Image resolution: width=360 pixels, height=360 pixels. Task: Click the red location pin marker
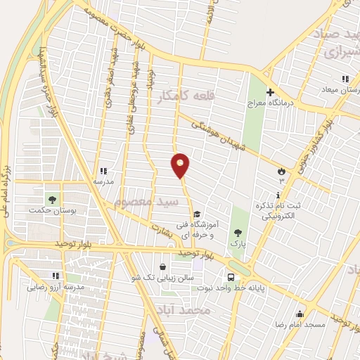point(181,165)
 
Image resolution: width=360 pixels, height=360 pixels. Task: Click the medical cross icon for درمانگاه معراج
point(270,92)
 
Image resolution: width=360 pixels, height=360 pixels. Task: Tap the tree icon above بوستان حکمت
point(50,198)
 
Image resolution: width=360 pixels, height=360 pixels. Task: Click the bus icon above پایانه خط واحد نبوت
point(231,277)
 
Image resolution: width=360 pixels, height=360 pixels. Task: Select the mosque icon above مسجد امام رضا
point(300,314)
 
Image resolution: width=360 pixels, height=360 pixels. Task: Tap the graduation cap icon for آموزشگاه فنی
point(197,214)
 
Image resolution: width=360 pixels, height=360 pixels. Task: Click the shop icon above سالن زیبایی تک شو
point(163,267)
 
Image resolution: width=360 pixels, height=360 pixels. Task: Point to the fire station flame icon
point(281,170)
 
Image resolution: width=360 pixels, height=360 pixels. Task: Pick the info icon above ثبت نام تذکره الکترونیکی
point(278,195)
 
